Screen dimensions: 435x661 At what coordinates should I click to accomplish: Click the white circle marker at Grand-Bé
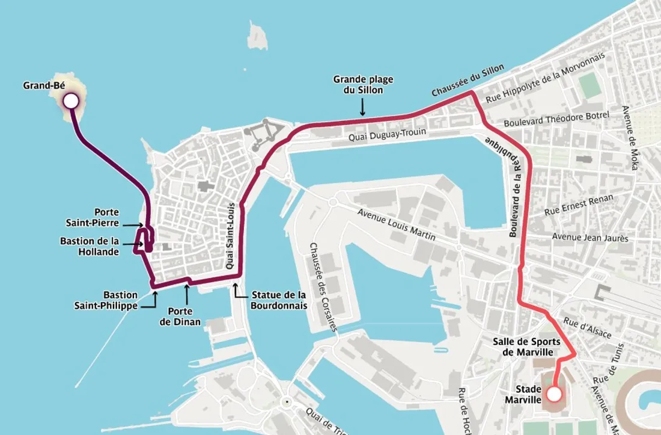[x=71, y=101]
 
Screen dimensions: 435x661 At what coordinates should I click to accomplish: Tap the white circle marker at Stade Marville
[x=554, y=395]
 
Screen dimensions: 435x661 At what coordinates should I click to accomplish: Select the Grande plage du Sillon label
[x=358, y=84]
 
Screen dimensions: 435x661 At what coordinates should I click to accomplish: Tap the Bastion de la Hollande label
[x=98, y=247]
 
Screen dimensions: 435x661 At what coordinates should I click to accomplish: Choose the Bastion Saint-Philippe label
[x=106, y=300]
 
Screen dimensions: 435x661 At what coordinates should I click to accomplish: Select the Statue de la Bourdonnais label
[x=279, y=300]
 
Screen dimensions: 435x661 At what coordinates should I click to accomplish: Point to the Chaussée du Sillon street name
[x=468, y=81]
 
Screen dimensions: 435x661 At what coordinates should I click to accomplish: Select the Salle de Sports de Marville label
[x=527, y=347]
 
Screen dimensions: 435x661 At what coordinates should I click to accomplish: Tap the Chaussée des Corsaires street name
[x=324, y=286]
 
